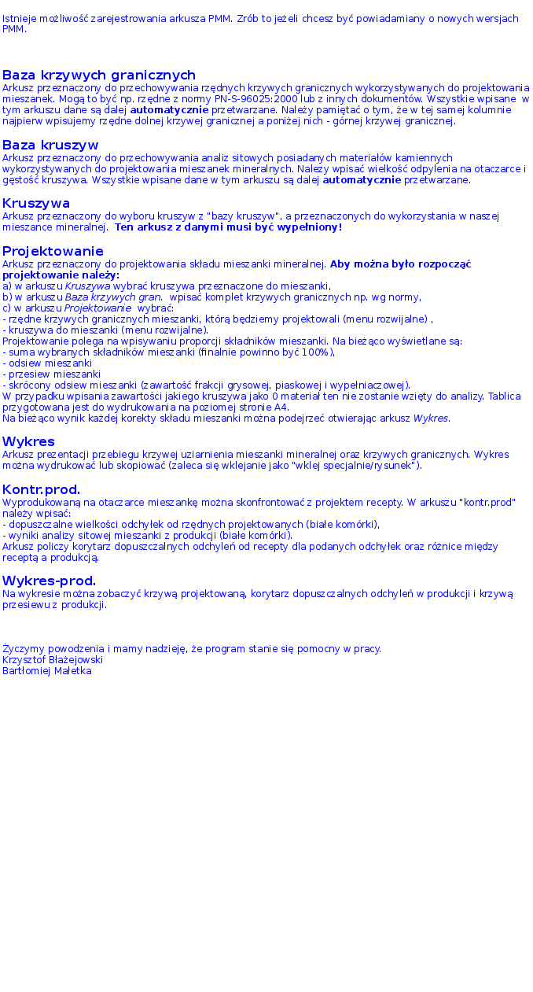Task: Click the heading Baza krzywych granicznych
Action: tap(99, 76)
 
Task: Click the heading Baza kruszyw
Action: tap(50, 146)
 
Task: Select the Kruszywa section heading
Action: tap(36, 204)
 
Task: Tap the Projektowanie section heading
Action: tap(53, 251)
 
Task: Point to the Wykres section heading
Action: tap(28, 441)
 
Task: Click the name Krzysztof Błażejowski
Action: tap(53, 660)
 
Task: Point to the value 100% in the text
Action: tap(317, 352)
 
